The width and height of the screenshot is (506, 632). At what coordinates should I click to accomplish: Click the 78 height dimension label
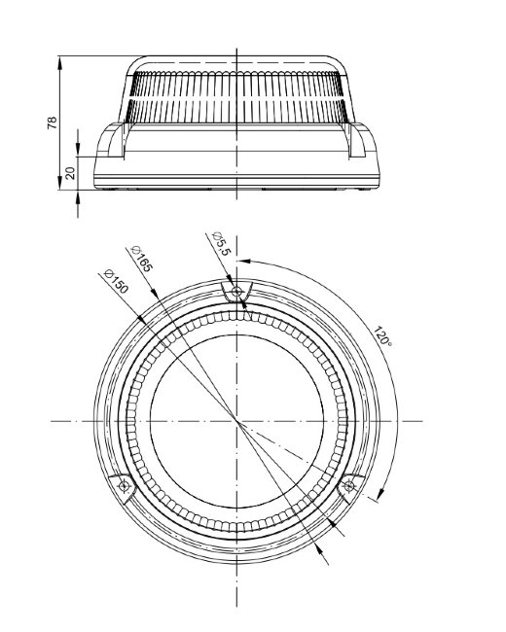pos(53,123)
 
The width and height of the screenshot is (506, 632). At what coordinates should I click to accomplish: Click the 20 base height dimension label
pos(70,173)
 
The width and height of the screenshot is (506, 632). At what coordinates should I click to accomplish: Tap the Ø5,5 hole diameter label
pos(222,243)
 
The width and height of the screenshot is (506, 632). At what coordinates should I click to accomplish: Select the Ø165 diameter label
pos(142,259)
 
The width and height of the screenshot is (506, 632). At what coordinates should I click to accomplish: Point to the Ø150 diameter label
pos(116,281)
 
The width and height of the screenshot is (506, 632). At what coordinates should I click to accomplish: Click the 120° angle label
pos(381,336)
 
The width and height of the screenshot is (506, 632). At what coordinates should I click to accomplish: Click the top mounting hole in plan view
pos(236,291)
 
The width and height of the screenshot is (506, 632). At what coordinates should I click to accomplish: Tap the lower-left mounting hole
pos(124,486)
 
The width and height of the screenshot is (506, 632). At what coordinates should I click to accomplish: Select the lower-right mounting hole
pos(349,486)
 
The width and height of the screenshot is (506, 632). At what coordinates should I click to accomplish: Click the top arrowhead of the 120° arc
pos(244,262)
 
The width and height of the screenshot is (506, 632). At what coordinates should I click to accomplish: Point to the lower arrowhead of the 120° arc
pos(380,494)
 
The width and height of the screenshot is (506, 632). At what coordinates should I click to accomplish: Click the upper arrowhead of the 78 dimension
pos(59,62)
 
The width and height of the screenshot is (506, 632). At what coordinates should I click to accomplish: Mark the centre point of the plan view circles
pos(236,422)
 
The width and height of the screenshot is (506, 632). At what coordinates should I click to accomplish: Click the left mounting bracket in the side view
pos(111,140)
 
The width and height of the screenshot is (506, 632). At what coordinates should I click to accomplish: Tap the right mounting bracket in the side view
pos(363,140)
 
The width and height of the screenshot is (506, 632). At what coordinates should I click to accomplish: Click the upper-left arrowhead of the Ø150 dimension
pos(141,318)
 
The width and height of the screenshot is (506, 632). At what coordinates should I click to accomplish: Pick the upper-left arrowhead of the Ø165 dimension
pos(154,293)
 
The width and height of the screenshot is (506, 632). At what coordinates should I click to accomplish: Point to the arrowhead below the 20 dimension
pos(78,196)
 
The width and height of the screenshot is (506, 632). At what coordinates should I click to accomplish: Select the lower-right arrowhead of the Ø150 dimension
pos(333,523)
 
